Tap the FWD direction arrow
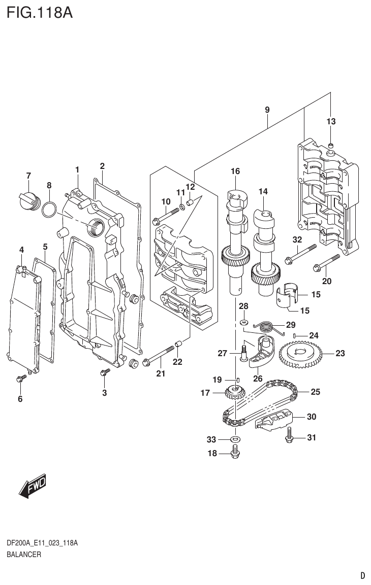[33, 486]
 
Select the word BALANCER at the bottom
[24, 555]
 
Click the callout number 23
[339, 354]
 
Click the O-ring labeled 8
[49, 209]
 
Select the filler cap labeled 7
[28, 200]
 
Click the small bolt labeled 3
[104, 373]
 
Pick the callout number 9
[267, 110]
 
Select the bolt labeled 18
[235, 451]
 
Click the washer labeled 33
[235, 438]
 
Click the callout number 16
[235, 171]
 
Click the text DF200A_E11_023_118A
[42, 543]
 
